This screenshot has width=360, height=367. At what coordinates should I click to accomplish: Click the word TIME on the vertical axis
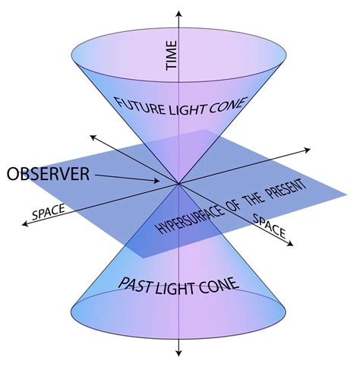pos(172,56)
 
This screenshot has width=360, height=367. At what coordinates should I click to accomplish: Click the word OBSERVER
pos(48,174)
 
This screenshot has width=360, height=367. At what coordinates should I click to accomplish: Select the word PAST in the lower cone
pos(139,284)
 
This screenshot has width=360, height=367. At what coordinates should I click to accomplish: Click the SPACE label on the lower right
pos(267,226)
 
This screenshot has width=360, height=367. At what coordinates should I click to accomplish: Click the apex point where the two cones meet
pos(179,183)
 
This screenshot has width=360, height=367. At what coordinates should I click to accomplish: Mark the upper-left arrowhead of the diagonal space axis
pos(91,138)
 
